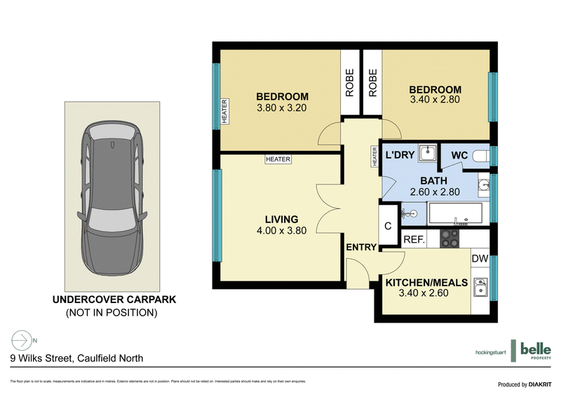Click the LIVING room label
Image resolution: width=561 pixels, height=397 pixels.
[281, 219]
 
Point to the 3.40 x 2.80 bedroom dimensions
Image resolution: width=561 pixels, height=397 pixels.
[435, 101]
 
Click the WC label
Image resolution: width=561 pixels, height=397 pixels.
[459, 155]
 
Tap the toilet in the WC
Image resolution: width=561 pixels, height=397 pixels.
[481, 155]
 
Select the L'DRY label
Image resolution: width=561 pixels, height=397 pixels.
[398, 155]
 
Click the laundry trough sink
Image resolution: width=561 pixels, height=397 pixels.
[427, 153]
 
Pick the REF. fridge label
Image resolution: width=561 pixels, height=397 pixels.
[414, 240]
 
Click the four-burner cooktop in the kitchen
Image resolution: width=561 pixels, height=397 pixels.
[448, 239]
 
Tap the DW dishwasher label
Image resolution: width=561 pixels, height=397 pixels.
[480, 259]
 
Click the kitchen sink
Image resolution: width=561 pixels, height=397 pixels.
[480, 287]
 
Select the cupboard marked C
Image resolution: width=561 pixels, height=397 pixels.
[388, 226]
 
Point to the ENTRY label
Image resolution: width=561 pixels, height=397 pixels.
[362, 247]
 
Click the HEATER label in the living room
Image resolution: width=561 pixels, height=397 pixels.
[278, 159]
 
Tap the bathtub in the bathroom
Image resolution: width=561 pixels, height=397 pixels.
[456, 213]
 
